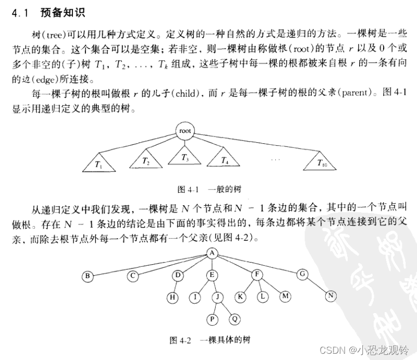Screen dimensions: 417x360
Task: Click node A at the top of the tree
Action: click(212, 254)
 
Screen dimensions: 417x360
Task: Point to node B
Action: click(88, 276)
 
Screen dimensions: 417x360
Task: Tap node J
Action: click(218, 297)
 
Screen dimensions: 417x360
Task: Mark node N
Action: click(330, 296)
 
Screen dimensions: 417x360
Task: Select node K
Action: click(241, 296)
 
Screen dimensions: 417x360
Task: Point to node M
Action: click(285, 296)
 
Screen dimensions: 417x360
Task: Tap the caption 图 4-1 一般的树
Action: click(206, 188)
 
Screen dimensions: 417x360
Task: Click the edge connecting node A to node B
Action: click(151, 264)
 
